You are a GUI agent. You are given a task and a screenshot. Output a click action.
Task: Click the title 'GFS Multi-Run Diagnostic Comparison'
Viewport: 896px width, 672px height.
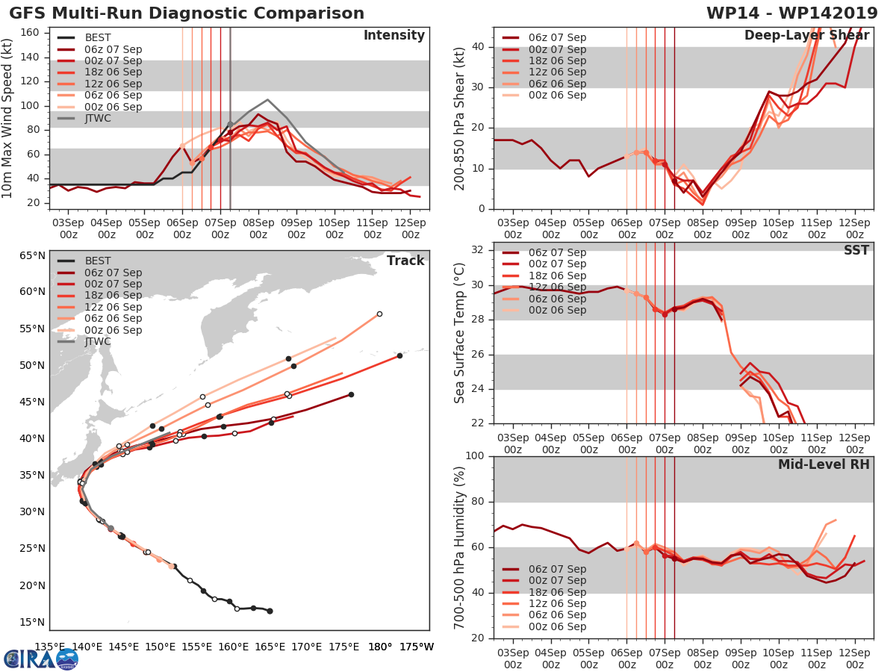point(187,13)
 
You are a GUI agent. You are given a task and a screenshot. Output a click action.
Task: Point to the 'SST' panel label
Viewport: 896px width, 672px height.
point(856,250)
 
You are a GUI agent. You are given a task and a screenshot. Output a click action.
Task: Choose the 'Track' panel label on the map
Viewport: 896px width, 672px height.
point(405,261)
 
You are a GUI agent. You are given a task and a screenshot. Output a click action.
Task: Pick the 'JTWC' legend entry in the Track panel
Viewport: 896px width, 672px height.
point(98,341)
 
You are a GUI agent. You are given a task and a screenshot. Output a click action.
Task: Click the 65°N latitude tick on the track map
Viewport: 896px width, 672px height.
point(33,256)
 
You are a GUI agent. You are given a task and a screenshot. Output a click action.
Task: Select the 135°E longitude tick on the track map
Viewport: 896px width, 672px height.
point(50,647)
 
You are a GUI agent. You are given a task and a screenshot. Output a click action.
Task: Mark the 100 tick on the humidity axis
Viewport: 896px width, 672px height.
point(475,456)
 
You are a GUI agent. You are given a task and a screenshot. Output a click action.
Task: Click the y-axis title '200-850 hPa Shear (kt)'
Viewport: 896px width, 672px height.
point(461,118)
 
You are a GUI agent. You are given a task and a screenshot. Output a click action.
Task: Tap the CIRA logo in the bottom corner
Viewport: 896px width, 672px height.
point(41,659)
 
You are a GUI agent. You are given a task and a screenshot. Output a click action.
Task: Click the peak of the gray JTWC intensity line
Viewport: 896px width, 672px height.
point(267,99)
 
